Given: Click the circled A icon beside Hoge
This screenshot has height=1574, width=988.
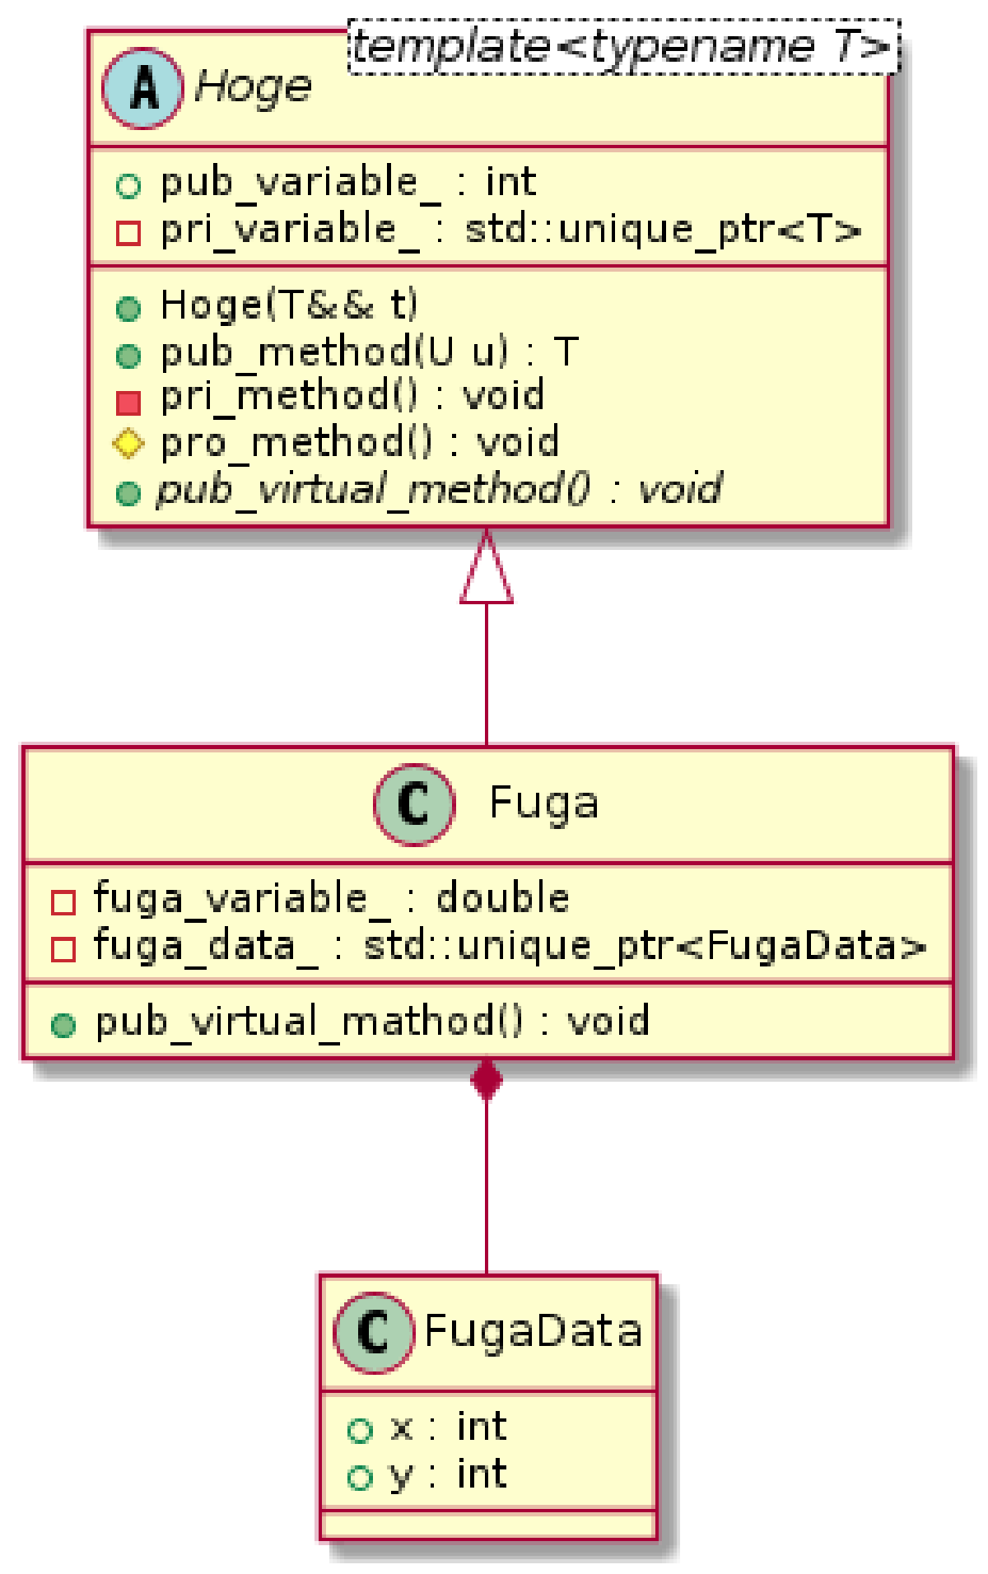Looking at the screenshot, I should pyautogui.click(x=142, y=88).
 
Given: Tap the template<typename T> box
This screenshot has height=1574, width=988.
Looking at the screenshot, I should pyautogui.click(x=623, y=47).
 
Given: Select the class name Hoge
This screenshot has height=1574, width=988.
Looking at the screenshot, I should pyautogui.click(x=254, y=86).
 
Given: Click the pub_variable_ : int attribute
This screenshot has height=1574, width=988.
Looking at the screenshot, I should pyautogui.click(x=347, y=182).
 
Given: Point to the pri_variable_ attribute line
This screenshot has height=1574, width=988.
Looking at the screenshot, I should pyautogui.click(x=510, y=229).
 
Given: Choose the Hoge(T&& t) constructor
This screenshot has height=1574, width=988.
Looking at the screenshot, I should pyautogui.click(x=289, y=305).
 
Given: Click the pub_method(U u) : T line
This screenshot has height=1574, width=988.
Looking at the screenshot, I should pyautogui.click(x=369, y=352).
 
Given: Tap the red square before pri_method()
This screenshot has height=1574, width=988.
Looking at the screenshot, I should pyautogui.click(x=128, y=402).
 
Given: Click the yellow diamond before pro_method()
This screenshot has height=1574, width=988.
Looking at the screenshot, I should pyautogui.click(x=128, y=444).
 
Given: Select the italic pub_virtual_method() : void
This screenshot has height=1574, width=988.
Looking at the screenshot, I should pyautogui.click(x=439, y=490).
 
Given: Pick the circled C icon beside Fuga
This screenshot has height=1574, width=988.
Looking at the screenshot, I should pyautogui.click(x=413, y=804).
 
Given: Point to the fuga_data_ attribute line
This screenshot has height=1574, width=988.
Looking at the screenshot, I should pyautogui.click(x=510, y=946).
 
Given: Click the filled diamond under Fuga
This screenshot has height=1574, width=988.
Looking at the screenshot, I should pyautogui.click(x=487, y=1079).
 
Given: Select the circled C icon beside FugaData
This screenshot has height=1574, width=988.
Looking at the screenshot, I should pyautogui.click(x=373, y=1332).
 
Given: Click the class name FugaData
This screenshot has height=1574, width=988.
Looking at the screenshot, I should pyautogui.click(x=533, y=1331).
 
